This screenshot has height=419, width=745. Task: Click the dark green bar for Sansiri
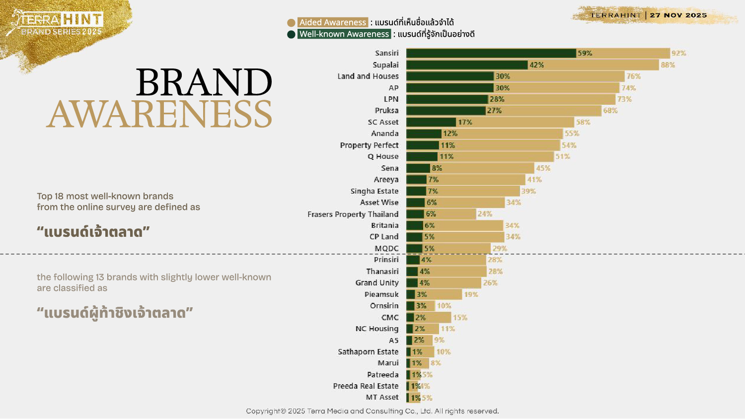[491, 53]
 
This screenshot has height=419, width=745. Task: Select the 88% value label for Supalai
[668, 65]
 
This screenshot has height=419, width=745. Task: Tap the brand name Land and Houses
[368, 76]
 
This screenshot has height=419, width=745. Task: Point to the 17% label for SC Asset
[465, 122]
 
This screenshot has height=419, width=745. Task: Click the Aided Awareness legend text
[332, 22]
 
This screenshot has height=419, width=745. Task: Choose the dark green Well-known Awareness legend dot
[291, 34]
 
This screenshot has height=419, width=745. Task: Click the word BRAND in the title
[204, 82]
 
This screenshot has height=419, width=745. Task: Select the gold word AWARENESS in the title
[159, 114]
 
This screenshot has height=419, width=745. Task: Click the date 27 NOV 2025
[678, 15]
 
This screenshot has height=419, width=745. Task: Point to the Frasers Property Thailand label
[353, 214]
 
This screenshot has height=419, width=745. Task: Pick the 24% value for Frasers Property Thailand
[485, 214]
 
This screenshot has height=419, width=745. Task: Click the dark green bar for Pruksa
[446, 111]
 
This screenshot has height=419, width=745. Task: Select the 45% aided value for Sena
[543, 168]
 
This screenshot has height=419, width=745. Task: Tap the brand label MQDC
[386, 249]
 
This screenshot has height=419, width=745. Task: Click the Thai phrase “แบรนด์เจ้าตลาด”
[93, 232]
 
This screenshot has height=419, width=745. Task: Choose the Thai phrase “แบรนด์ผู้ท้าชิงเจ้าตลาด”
[115, 313]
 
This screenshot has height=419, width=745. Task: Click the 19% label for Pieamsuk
[471, 294]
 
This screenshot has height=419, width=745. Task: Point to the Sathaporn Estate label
[368, 352]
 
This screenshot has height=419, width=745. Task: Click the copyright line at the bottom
[372, 411]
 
